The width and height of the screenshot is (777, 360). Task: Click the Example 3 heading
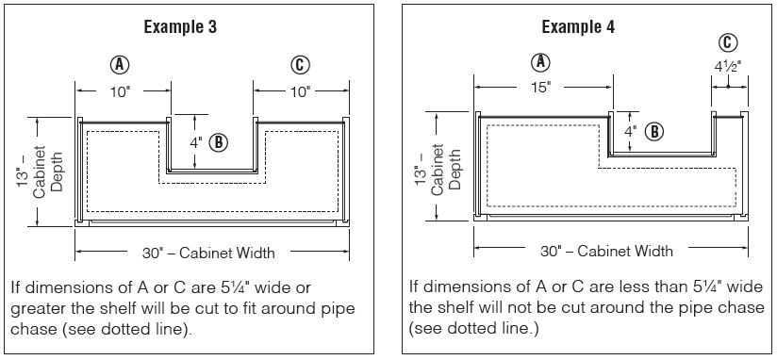tap(180, 26)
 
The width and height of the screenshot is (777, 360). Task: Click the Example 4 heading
tap(578, 26)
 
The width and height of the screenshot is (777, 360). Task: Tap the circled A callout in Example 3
tap(120, 65)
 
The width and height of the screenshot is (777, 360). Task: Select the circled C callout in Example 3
tap(300, 65)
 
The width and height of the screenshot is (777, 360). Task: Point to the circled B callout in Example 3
tap(218, 142)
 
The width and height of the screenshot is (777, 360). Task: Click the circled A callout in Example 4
tap(540, 62)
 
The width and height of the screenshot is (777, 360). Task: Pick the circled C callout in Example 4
tap(727, 43)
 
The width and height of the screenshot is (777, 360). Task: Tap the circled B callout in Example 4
tap(654, 132)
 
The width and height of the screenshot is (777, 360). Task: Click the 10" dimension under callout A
tap(121, 92)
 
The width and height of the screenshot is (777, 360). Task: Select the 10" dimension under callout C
tap(300, 92)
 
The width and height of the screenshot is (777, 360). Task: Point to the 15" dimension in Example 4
tap(541, 88)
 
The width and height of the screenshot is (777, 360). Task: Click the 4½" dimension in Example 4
tap(728, 67)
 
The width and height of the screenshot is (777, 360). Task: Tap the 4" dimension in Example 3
tap(196, 142)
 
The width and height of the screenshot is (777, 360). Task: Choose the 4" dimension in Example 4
tap(630, 132)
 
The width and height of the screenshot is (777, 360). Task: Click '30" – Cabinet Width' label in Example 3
tap(208, 254)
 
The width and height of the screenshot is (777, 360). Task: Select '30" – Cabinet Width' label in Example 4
tap(606, 251)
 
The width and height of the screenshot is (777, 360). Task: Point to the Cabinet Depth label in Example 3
tap(46, 170)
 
